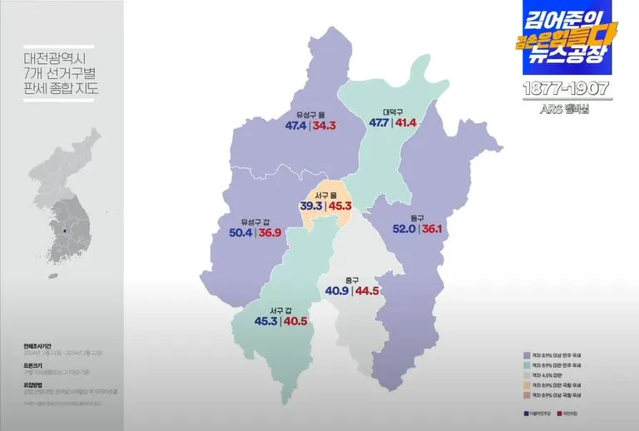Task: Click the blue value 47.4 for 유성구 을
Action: coord(296,126)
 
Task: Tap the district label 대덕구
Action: coord(393,111)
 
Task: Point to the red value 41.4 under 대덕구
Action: coord(406,122)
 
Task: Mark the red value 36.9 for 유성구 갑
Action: coord(270,233)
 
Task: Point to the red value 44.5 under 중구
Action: coord(367,291)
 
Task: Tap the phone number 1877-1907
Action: coord(567,88)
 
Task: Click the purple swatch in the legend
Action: coord(527,355)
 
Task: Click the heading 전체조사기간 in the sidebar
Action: coord(40,344)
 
